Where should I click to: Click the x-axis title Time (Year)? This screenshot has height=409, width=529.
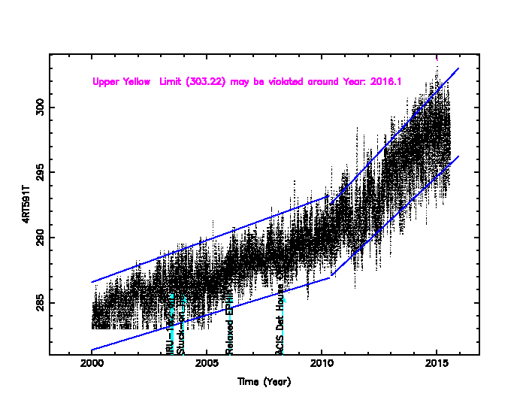pos(264,381)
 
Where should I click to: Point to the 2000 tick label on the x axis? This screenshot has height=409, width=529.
pos(92,365)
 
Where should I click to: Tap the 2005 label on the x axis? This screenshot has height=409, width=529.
pos(207,365)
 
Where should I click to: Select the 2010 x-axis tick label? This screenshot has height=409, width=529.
pos(322,365)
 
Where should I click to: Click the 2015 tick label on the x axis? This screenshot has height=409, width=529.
pos(437,365)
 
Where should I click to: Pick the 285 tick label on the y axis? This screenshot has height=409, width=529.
pos(40,304)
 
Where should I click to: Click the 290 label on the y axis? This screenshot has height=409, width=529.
pos(40,238)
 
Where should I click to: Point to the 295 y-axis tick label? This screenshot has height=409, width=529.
pos(40,173)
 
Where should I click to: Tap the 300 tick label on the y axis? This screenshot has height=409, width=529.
pos(40,108)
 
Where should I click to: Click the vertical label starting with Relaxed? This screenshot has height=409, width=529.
pos(230,328)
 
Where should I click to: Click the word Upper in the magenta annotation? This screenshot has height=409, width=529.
pos(106,81)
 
